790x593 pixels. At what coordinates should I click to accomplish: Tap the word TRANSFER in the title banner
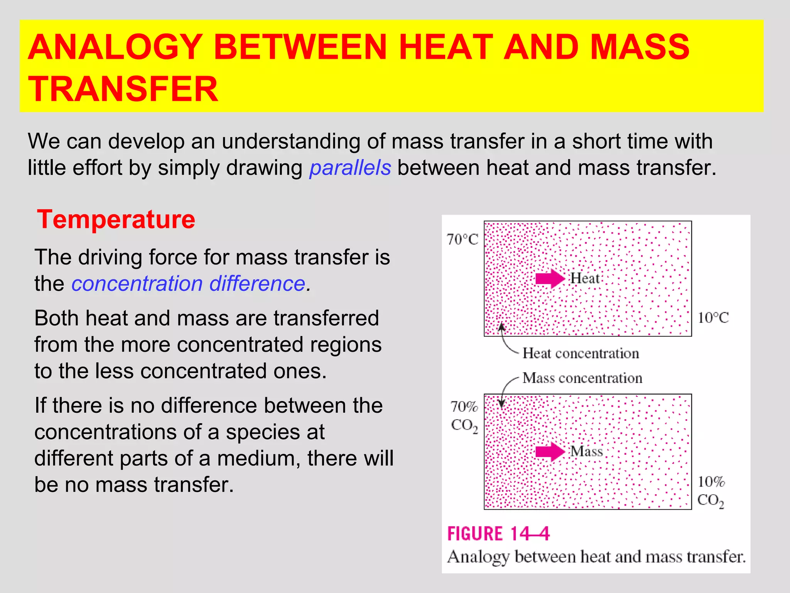(123, 89)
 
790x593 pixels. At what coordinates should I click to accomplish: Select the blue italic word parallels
(350, 168)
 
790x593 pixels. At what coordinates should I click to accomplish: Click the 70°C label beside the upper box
(462, 239)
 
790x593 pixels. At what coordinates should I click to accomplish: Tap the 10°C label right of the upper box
(713, 318)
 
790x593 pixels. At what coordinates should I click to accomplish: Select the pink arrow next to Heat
(550, 278)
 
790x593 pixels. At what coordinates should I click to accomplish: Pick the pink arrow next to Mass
(550, 451)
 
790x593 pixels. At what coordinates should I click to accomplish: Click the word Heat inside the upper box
(585, 278)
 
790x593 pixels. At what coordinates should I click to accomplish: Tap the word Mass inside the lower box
(586, 451)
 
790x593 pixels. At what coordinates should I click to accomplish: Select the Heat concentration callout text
(581, 353)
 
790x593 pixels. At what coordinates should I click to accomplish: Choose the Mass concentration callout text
(582, 378)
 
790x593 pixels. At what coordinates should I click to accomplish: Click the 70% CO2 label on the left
(464, 416)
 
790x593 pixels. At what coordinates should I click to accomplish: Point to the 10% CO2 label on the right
(711, 491)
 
